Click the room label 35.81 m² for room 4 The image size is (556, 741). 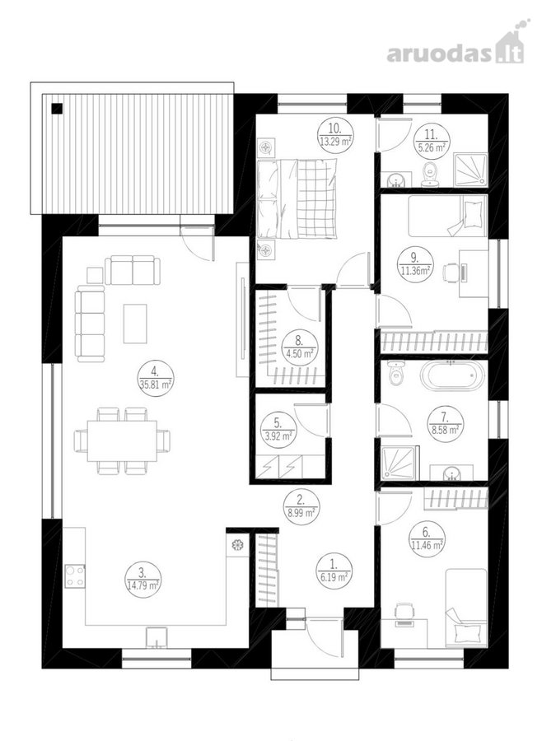(155, 385)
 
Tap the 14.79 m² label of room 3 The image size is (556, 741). (143, 586)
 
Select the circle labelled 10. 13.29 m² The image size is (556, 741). (334, 135)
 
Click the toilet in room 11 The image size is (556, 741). (430, 175)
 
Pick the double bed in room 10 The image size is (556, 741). (297, 199)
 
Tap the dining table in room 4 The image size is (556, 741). (122, 441)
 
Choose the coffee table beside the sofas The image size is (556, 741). (135, 324)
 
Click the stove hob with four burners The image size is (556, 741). (75, 576)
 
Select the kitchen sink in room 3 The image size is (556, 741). (157, 637)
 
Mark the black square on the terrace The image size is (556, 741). (57, 109)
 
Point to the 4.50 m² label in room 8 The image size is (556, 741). (300, 353)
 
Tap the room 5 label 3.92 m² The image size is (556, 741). (279, 436)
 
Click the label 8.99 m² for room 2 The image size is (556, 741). (300, 513)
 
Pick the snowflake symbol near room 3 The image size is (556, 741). (236, 545)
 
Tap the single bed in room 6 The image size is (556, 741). (466, 608)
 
